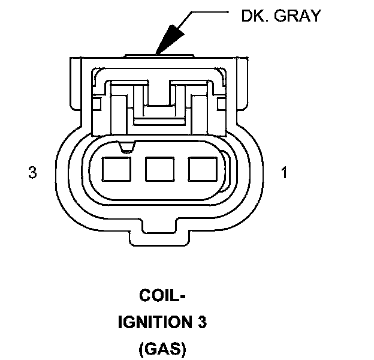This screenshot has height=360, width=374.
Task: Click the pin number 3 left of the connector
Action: click(32, 173)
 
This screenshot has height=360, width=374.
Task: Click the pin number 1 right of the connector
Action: click(284, 173)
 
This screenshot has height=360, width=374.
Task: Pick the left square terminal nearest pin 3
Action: click(115, 169)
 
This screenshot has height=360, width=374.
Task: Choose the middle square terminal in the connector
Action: click(158, 169)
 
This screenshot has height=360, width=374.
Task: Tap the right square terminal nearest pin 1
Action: click(200, 169)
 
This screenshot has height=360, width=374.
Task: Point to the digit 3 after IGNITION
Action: click(202, 322)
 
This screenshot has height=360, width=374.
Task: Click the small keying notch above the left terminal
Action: click(126, 146)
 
